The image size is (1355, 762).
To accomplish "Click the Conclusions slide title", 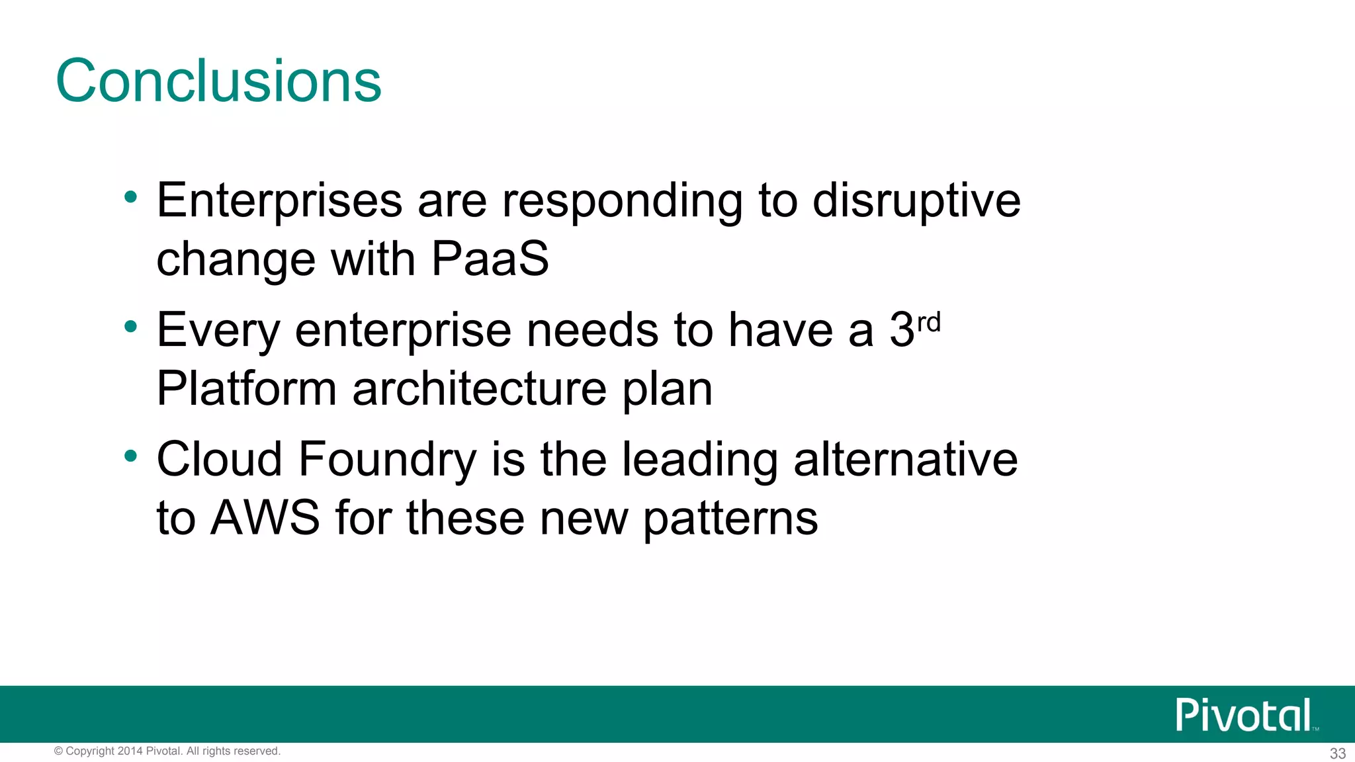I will click(x=218, y=81).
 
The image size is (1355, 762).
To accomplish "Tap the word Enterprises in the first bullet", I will click(x=279, y=200).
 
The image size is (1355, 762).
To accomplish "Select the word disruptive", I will click(x=916, y=200).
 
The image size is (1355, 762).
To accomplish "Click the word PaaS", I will click(x=490, y=259).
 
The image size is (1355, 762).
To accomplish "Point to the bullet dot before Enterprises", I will click(x=131, y=196).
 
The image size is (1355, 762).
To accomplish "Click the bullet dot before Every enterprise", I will click(x=131, y=326).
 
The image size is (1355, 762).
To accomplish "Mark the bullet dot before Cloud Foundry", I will click(x=131, y=456).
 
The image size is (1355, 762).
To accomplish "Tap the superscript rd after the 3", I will click(x=929, y=323).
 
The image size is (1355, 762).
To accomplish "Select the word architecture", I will click(x=479, y=388).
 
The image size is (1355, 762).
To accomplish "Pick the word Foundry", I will click(x=387, y=460).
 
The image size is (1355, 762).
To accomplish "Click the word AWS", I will click(x=265, y=518).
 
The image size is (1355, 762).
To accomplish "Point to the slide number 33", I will click(x=1337, y=753).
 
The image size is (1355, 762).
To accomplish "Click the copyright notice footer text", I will click(x=167, y=751).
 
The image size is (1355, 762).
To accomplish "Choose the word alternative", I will click(x=905, y=460).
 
